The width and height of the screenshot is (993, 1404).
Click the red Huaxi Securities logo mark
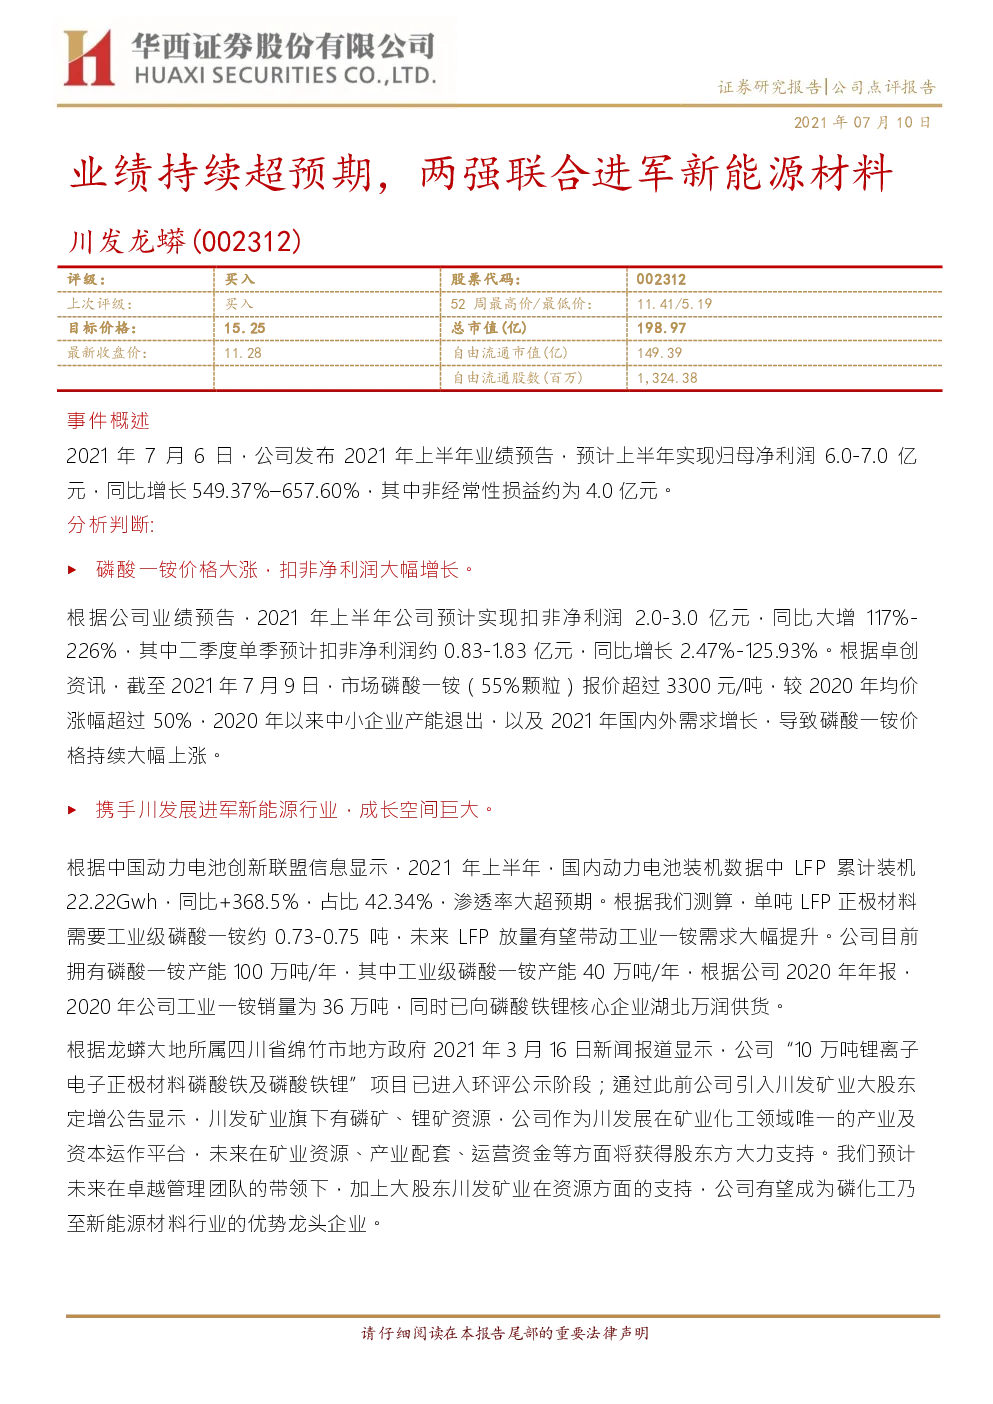[89, 58]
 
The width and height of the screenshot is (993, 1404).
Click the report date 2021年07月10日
[862, 122]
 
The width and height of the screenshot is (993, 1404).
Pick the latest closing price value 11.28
[243, 353]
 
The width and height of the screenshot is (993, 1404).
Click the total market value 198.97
[661, 328]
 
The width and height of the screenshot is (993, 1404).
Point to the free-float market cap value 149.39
[659, 353]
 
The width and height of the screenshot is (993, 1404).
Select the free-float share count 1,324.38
[667, 378]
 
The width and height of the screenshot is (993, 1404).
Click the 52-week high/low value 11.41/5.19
[675, 304]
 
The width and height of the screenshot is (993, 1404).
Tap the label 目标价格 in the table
[102, 328]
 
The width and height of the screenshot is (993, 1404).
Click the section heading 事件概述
[108, 421]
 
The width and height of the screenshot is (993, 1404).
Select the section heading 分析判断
[110, 524]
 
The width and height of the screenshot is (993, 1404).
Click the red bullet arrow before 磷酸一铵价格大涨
[72, 570]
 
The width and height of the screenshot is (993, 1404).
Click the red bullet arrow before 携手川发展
[72, 810]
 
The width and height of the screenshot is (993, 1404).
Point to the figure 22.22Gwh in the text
[112, 902]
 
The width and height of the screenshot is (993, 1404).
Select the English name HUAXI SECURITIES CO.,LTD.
[285, 76]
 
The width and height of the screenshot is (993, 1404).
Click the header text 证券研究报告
[769, 87]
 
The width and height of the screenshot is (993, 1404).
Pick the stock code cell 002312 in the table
[661, 279]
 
